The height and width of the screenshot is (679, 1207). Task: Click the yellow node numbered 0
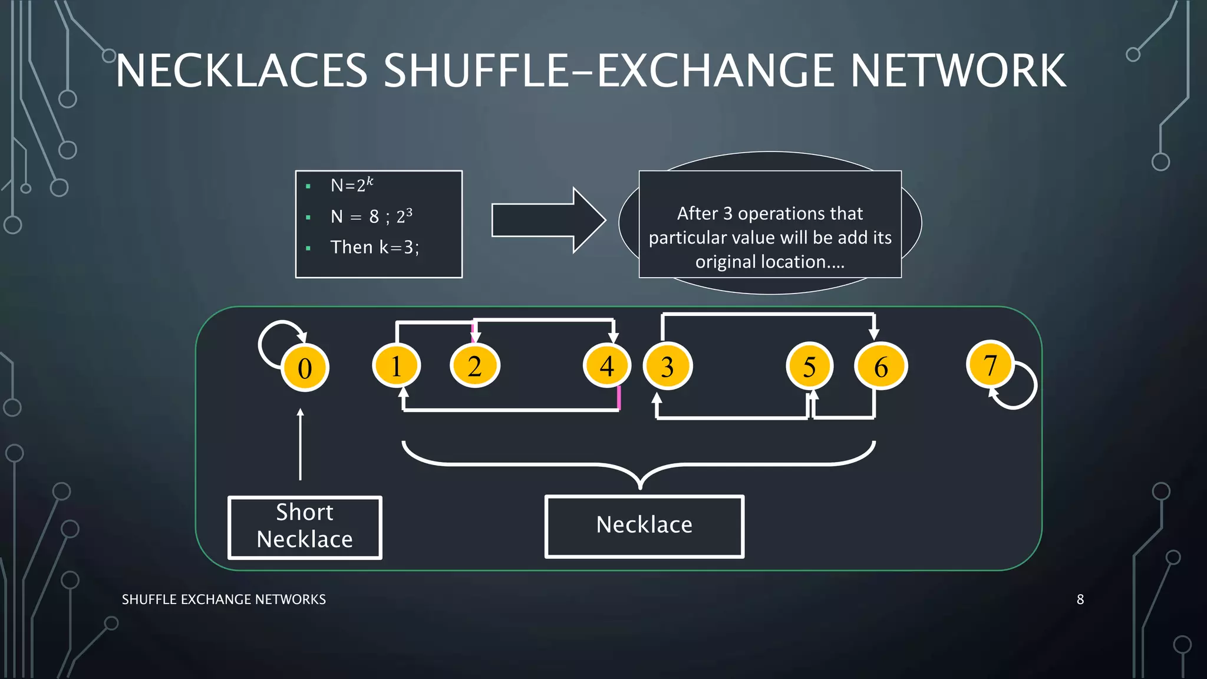[x=305, y=368]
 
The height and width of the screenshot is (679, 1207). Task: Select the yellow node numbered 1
[x=396, y=366]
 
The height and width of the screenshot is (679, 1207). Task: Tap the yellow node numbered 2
[x=474, y=366]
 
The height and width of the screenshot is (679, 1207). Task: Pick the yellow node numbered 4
[x=606, y=366]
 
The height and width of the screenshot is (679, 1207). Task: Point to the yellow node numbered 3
[x=667, y=367]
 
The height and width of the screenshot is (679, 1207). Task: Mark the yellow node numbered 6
[x=880, y=367]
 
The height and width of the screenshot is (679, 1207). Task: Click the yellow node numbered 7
[x=990, y=365]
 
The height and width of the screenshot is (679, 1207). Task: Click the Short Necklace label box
[x=305, y=527]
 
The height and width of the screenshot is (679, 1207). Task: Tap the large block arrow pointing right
[x=548, y=220]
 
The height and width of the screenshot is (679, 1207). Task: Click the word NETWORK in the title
[x=958, y=71]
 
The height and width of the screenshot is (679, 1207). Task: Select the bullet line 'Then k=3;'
[x=374, y=248]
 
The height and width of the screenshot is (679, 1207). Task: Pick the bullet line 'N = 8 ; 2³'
[x=371, y=216]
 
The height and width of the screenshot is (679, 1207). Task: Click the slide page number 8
[x=1080, y=599]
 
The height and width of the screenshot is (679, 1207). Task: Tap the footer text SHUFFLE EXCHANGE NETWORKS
[x=223, y=599]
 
